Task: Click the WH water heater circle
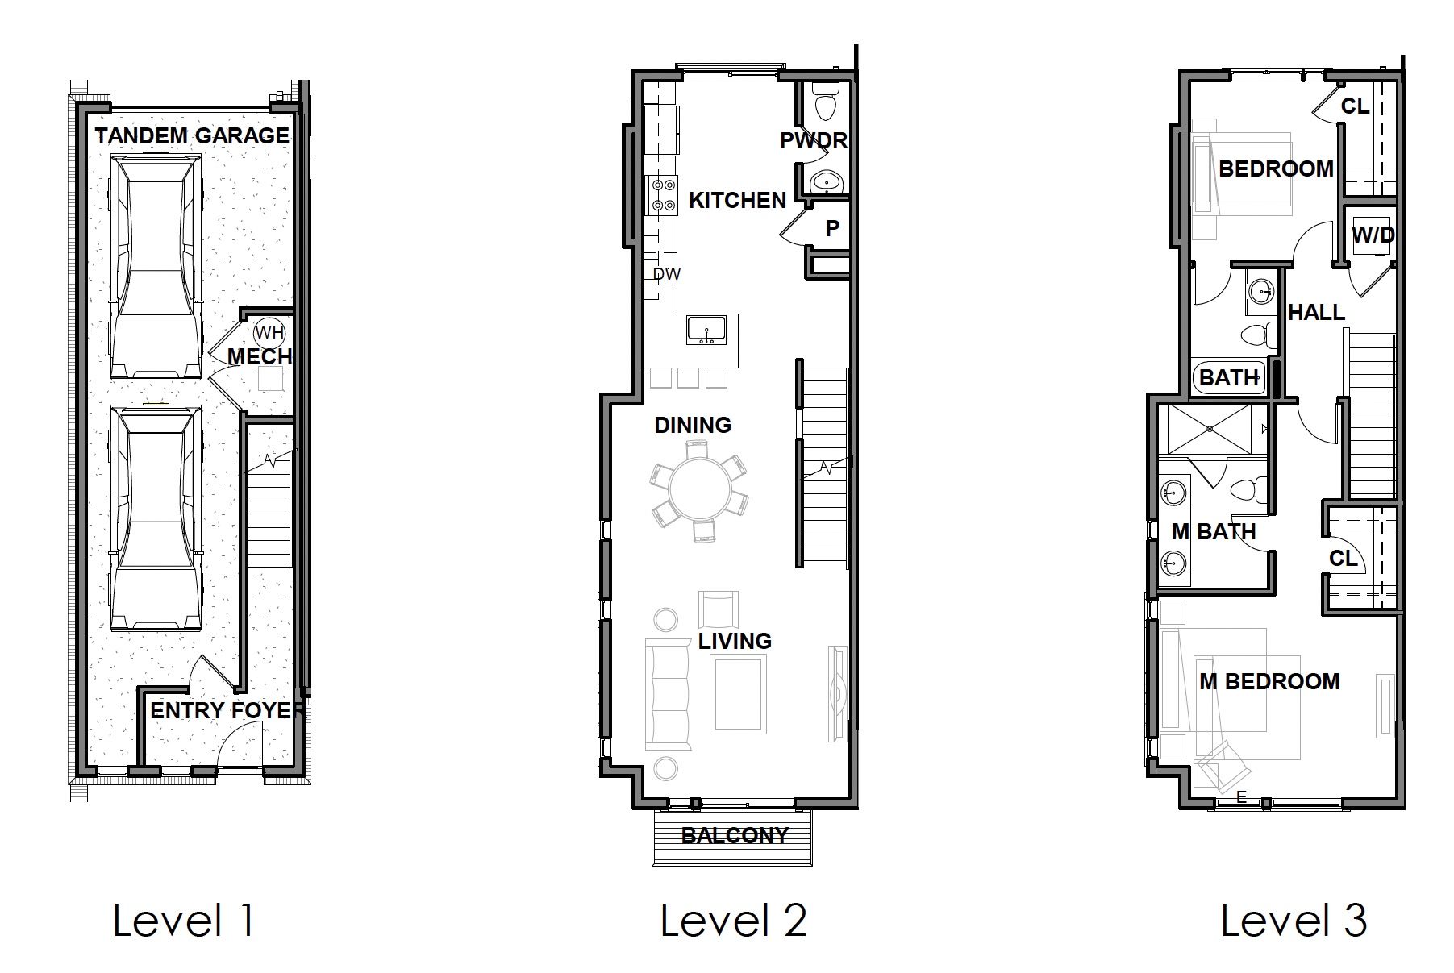[x=265, y=333]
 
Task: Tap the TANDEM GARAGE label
[x=192, y=135]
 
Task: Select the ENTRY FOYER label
[x=227, y=711]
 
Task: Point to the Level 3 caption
[x=1294, y=920]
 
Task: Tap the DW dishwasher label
[x=667, y=274]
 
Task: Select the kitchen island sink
[x=707, y=331]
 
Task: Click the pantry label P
[x=832, y=229]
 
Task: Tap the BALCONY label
[x=735, y=835]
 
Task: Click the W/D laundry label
[x=1373, y=235]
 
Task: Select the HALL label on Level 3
[x=1316, y=312]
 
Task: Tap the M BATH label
[x=1214, y=532]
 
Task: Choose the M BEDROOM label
[x=1269, y=682]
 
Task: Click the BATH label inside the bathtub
[x=1229, y=377]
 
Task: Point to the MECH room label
[x=259, y=356]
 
